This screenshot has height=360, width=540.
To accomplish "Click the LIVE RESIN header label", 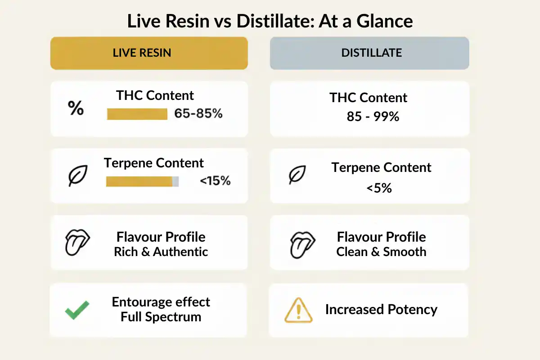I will (x=142, y=53).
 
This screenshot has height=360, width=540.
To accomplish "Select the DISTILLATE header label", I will (x=371, y=53).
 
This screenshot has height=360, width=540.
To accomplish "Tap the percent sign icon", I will (x=76, y=108).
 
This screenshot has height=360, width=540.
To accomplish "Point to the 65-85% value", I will (x=198, y=114).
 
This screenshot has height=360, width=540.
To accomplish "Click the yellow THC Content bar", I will (x=137, y=114).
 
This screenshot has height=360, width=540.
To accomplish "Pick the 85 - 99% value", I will (x=373, y=117).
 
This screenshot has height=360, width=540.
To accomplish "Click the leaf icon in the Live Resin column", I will (x=77, y=175).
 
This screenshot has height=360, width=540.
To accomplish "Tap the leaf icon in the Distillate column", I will (x=297, y=175).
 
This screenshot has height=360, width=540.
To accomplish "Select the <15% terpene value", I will (x=215, y=181).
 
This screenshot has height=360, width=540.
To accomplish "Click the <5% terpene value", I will (x=379, y=188).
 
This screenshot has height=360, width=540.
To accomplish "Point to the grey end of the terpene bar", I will (x=175, y=181).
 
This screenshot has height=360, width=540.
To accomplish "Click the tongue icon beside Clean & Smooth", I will (x=297, y=244).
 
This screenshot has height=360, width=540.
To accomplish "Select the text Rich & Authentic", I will (x=161, y=252).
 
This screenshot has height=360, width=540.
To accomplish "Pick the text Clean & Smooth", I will (x=381, y=252).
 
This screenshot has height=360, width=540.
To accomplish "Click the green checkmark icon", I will (x=77, y=310).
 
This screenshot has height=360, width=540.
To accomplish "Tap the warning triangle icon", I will (x=298, y=311).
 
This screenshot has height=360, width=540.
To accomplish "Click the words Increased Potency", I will (x=381, y=310).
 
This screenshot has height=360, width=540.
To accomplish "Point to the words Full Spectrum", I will (x=161, y=317).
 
